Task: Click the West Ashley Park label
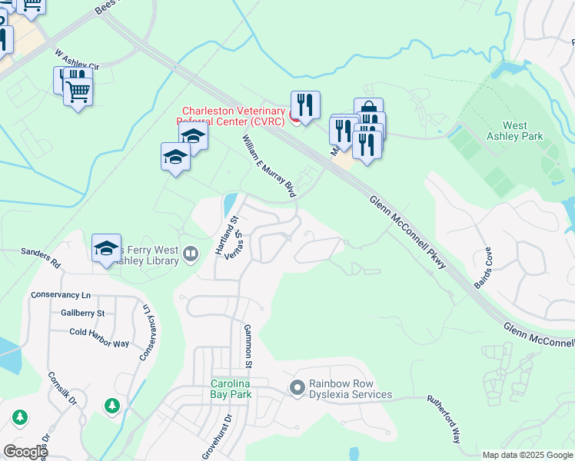(x=523, y=131)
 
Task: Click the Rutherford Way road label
(x=444, y=419)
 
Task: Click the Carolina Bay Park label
(x=231, y=389)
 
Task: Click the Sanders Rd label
(x=41, y=257)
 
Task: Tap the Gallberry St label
(x=82, y=313)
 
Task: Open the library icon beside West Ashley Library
(x=191, y=252)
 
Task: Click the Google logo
(x=25, y=451)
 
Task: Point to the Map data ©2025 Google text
(x=527, y=454)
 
